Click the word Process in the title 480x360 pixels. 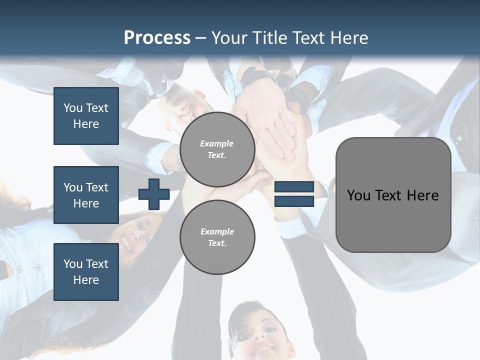157,37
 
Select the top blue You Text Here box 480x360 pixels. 86,116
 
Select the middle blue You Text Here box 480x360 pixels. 86,195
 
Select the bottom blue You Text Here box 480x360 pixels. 86,272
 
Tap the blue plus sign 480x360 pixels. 154,194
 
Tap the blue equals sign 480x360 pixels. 294,194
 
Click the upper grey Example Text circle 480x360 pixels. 217,149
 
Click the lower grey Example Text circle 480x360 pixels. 217,237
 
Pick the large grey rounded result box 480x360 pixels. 393,195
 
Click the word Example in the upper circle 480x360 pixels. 217,143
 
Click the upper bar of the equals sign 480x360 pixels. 294,187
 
